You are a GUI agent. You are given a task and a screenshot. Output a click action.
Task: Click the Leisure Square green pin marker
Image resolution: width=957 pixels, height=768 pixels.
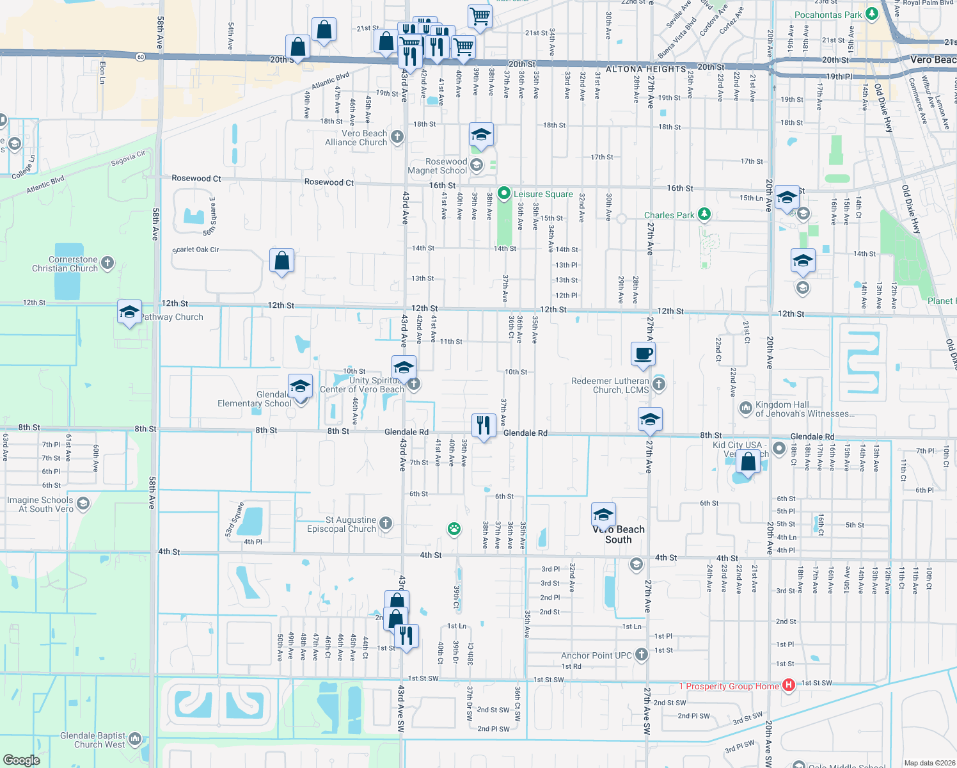(504, 193)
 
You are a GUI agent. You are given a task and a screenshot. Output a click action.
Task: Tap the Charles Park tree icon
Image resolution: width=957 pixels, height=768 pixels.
(704, 214)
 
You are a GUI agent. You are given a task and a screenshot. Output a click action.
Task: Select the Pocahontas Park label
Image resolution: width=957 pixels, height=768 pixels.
(828, 15)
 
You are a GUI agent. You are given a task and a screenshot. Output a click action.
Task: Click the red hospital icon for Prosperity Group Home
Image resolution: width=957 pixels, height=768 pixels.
(789, 685)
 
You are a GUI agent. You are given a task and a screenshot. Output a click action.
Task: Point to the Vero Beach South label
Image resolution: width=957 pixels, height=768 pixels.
(618, 534)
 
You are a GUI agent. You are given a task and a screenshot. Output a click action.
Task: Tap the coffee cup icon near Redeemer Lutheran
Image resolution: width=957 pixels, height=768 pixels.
(644, 354)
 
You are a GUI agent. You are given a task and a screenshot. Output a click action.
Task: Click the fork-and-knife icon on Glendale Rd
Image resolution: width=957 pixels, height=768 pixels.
(484, 425)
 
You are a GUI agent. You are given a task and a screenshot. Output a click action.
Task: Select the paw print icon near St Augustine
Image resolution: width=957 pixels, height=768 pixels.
(454, 529)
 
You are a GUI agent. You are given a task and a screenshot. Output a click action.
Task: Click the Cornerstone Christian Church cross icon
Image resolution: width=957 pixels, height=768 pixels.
(107, 262)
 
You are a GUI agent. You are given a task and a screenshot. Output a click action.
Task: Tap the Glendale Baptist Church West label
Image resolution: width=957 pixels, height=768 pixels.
(93, 740)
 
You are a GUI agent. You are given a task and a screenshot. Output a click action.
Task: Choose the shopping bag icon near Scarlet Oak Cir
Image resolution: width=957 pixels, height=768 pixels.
(281, 261)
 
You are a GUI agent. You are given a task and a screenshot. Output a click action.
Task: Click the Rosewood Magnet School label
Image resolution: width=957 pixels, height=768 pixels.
(438, 166)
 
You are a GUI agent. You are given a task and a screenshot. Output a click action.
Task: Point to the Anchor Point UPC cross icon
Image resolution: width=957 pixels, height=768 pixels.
(642, 653)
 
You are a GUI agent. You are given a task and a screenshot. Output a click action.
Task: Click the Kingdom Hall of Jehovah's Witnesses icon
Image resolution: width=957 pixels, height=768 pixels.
(745, 408)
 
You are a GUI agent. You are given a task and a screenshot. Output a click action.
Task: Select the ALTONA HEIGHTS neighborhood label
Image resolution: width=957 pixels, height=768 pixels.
(645, 69)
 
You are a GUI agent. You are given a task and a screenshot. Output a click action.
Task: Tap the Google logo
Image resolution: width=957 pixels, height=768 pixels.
(22, 760)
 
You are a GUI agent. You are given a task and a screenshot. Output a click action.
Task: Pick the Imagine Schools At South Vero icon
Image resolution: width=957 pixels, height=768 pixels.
(83, 504)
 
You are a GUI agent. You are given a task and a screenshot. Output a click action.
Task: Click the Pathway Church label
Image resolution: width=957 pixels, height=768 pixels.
(171, 317)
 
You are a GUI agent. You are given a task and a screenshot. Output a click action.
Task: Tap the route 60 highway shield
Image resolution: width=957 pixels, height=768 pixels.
(141, 58)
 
